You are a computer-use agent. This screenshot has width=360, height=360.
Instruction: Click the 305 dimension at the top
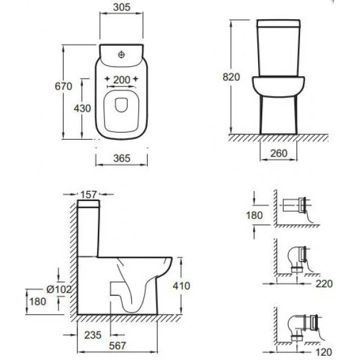click(x=122, y=7)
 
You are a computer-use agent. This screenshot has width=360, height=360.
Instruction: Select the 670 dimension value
click(x=64, y=86)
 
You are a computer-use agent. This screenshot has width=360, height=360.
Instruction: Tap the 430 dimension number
click(x=82, y=109)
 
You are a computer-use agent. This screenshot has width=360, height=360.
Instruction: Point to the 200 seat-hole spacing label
click(x=122, y=80)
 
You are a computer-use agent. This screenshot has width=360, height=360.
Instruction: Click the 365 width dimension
click(x=122, y=158)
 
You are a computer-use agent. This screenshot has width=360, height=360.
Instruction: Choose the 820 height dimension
click(x=231, y=77)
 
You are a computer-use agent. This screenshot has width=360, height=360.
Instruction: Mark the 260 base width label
click(x=279, y=154)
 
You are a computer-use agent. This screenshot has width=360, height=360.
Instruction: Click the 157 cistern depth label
click(x=88, y=194)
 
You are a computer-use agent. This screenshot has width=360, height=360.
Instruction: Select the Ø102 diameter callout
click(x=59, y=289)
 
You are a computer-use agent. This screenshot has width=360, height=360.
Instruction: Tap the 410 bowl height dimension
click(x=181, y=286)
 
